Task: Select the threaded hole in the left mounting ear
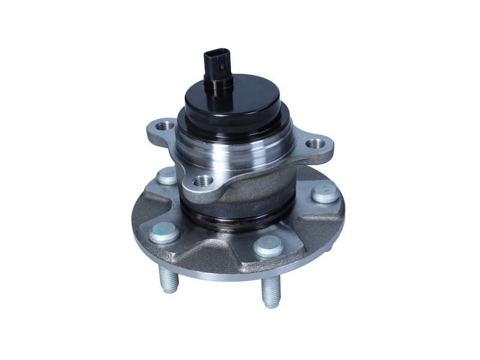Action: pos(166,126)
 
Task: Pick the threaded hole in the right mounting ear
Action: pos(314,144)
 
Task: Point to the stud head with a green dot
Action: pos(163,233)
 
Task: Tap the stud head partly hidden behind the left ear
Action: pos(166,176)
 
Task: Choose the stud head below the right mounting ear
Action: pos(325,193)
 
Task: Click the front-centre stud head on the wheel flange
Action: pos(268,247)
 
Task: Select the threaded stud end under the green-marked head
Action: pos(169,279)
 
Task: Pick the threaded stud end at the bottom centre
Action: pos(271,293)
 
